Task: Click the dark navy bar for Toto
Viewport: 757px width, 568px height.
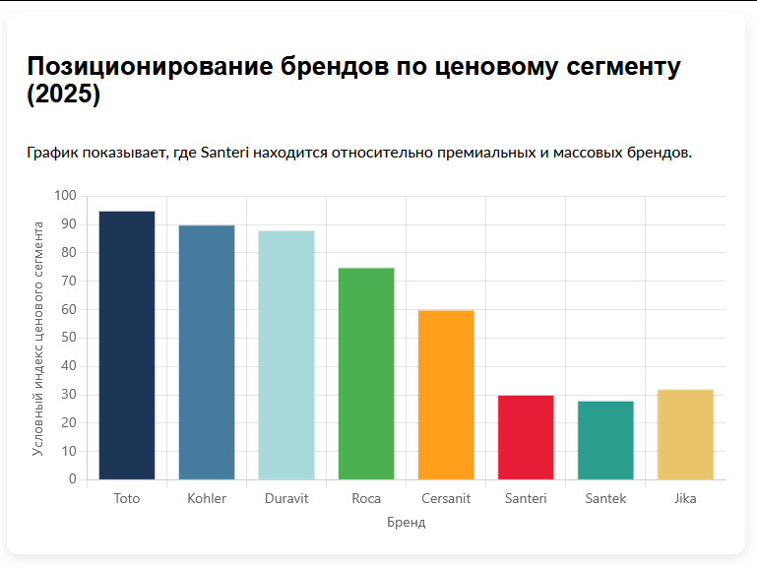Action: point(127,346)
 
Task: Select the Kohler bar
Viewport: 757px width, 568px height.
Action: point(207,352)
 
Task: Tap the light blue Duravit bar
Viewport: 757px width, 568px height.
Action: point(286,355)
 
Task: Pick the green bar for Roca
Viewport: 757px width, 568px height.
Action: point(366,374)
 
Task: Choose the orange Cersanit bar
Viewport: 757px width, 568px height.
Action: point(446,395)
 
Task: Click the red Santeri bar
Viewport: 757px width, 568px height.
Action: point(526,437)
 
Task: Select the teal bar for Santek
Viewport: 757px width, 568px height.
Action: point(605,440)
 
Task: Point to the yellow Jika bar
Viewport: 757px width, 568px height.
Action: point(685,434)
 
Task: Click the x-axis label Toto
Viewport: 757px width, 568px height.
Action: point(127,498)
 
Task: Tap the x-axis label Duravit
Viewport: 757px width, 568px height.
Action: point(286,498)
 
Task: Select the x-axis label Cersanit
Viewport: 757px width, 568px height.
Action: point(446,498)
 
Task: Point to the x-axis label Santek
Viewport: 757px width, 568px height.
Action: point(605,498)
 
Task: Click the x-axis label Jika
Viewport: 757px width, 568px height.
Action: point(685,498)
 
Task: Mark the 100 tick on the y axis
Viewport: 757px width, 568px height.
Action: point(65,196)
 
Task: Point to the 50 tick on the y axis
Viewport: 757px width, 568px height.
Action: point(68,338)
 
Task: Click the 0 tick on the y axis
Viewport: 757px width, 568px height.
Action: point(72,479)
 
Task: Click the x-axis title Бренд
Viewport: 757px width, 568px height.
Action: point(406,522)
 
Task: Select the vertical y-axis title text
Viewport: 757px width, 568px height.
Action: point(38,338)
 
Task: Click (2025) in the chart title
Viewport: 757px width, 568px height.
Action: point(63,95)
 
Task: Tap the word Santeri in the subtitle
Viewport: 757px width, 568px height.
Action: point(225,153)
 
